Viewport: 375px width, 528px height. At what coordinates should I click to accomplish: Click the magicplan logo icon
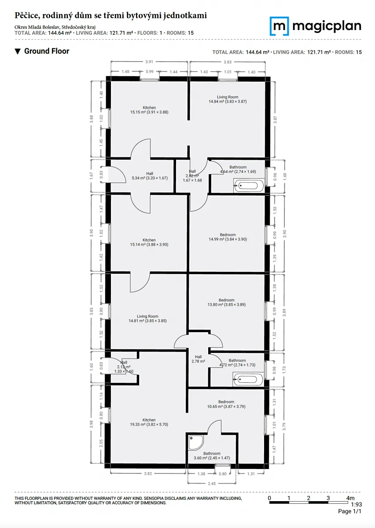point(279,26)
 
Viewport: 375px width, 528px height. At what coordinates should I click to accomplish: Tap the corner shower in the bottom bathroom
point(196,443)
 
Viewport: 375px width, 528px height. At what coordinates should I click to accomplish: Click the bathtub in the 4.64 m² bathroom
point(249,186)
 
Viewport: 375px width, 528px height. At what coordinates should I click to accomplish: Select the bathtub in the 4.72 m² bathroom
point(248,379)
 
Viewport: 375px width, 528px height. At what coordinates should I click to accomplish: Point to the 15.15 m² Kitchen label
point(149,110)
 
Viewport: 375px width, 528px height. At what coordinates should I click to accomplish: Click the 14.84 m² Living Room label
point(228,99)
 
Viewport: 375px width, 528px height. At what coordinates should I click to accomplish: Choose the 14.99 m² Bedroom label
point(228,237)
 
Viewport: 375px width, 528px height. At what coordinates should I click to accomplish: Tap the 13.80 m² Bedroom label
point(226,302)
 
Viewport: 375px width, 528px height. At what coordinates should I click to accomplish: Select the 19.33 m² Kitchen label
point(149,422)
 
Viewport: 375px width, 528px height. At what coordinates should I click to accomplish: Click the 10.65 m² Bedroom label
point(226,404)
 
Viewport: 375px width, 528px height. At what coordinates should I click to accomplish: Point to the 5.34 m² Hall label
point(150,176)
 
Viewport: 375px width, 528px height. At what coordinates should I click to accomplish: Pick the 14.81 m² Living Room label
point(147,319)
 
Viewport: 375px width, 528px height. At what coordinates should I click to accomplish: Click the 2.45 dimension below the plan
point(212,484)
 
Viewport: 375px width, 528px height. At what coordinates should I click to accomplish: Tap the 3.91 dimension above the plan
point(149,62)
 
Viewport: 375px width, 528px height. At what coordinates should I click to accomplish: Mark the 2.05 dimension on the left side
point(101,443)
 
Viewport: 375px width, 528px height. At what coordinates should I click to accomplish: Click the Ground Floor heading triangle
point(18,51)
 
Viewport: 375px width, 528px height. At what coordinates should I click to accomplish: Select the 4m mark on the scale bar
point(350,498)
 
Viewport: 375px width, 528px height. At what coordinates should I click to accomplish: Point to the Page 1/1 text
point(349,511)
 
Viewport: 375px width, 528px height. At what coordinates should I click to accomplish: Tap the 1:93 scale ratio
point(356,504)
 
